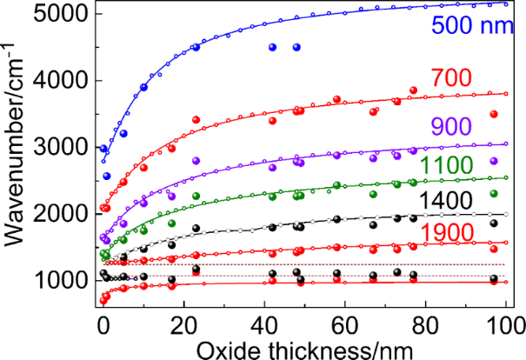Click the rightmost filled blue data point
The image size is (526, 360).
coord(296,47)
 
